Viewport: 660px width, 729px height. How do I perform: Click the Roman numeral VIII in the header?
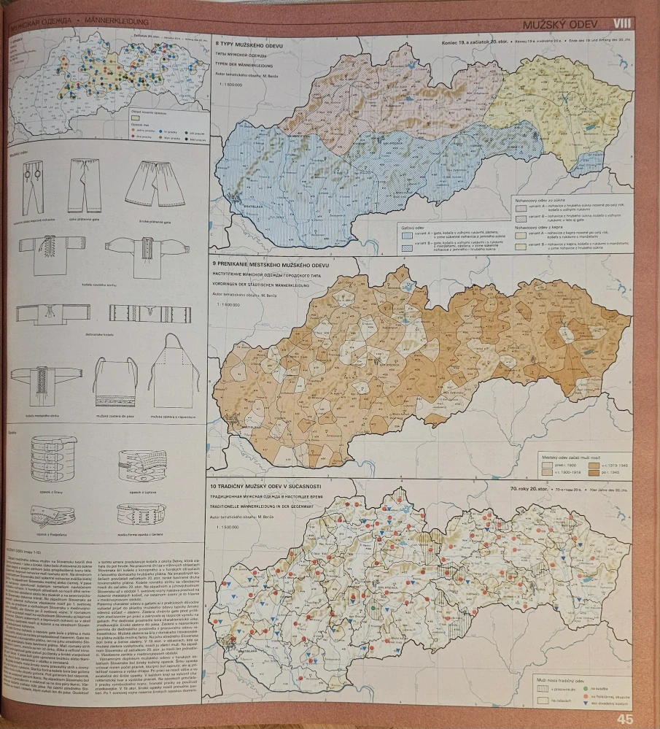click(x=621, y=23)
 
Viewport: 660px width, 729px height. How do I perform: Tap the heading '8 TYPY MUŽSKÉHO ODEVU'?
click(x=249, y=46)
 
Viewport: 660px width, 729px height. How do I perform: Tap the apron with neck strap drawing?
click(x=174, y=366)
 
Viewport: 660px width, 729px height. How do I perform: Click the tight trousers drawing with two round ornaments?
click(x=31, y=186)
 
